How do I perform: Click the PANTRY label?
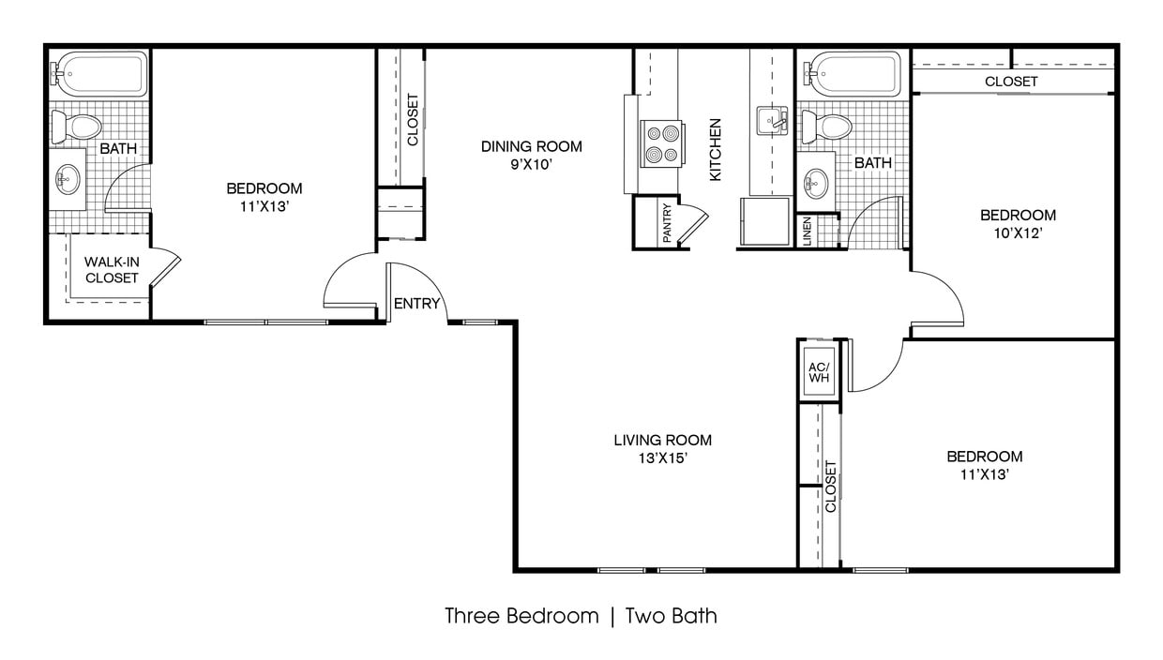click(667, 224)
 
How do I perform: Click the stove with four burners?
click(658, 143)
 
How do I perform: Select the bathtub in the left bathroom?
click(101, 73)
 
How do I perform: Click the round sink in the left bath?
click(68, 177)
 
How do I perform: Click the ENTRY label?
click(417, 304)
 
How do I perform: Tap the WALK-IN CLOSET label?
click(112, 270)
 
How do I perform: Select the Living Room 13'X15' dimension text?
click(662, 458)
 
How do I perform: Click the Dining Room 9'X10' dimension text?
click(531, 164)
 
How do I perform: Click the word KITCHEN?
click(716, 149)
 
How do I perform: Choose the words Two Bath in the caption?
click(671, 616)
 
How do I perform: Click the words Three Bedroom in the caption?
click(521, 616)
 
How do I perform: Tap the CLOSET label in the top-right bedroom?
click(1011, 82)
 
